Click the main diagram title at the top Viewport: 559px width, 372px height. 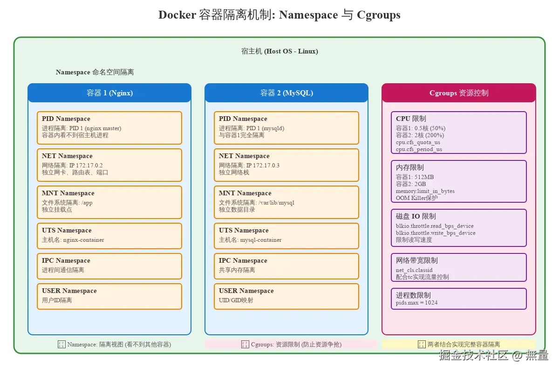279,15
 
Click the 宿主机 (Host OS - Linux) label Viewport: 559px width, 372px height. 279,51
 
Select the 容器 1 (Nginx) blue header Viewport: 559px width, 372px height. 109,93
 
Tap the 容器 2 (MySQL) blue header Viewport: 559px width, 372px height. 286,93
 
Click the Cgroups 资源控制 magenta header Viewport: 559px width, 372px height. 459,93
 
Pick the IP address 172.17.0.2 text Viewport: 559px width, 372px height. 86,166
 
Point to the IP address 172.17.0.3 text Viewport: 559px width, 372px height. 263,166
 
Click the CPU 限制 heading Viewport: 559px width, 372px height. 411,119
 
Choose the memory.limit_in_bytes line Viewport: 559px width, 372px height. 425,191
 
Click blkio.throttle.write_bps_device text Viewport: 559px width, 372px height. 436,233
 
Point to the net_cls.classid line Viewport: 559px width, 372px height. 414,270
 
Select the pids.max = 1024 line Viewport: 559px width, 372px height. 416,303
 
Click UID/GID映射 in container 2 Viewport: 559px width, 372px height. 236,300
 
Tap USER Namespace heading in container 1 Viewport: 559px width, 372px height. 69,291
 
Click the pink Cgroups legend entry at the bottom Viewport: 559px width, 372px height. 291,345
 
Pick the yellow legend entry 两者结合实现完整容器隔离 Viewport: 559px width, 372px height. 459,345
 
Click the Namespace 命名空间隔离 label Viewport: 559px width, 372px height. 95,73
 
